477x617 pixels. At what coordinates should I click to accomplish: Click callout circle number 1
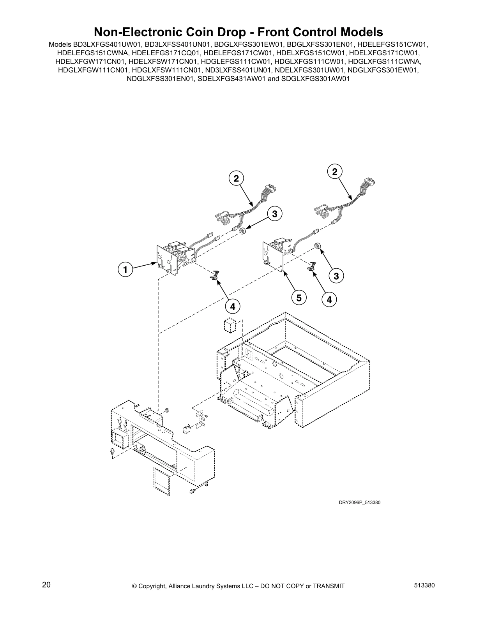[x=125, y=270]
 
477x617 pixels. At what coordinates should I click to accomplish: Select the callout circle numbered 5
[x=299, y=298]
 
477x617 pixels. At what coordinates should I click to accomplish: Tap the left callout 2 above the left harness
[x=236, y=179]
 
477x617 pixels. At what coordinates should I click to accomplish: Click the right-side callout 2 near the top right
[x=334, y=171]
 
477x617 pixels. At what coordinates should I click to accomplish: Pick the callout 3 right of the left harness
[x=274, y=213]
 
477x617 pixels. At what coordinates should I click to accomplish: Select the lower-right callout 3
[x=336, y=276]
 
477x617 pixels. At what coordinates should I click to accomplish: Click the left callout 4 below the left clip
[x=233, y=307]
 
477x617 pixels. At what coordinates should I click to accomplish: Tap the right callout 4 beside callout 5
[x=329, y=300]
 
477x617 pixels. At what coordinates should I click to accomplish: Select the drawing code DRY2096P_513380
[x=359, y=502]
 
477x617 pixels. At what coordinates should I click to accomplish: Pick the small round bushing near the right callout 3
[x=317, y=246]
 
